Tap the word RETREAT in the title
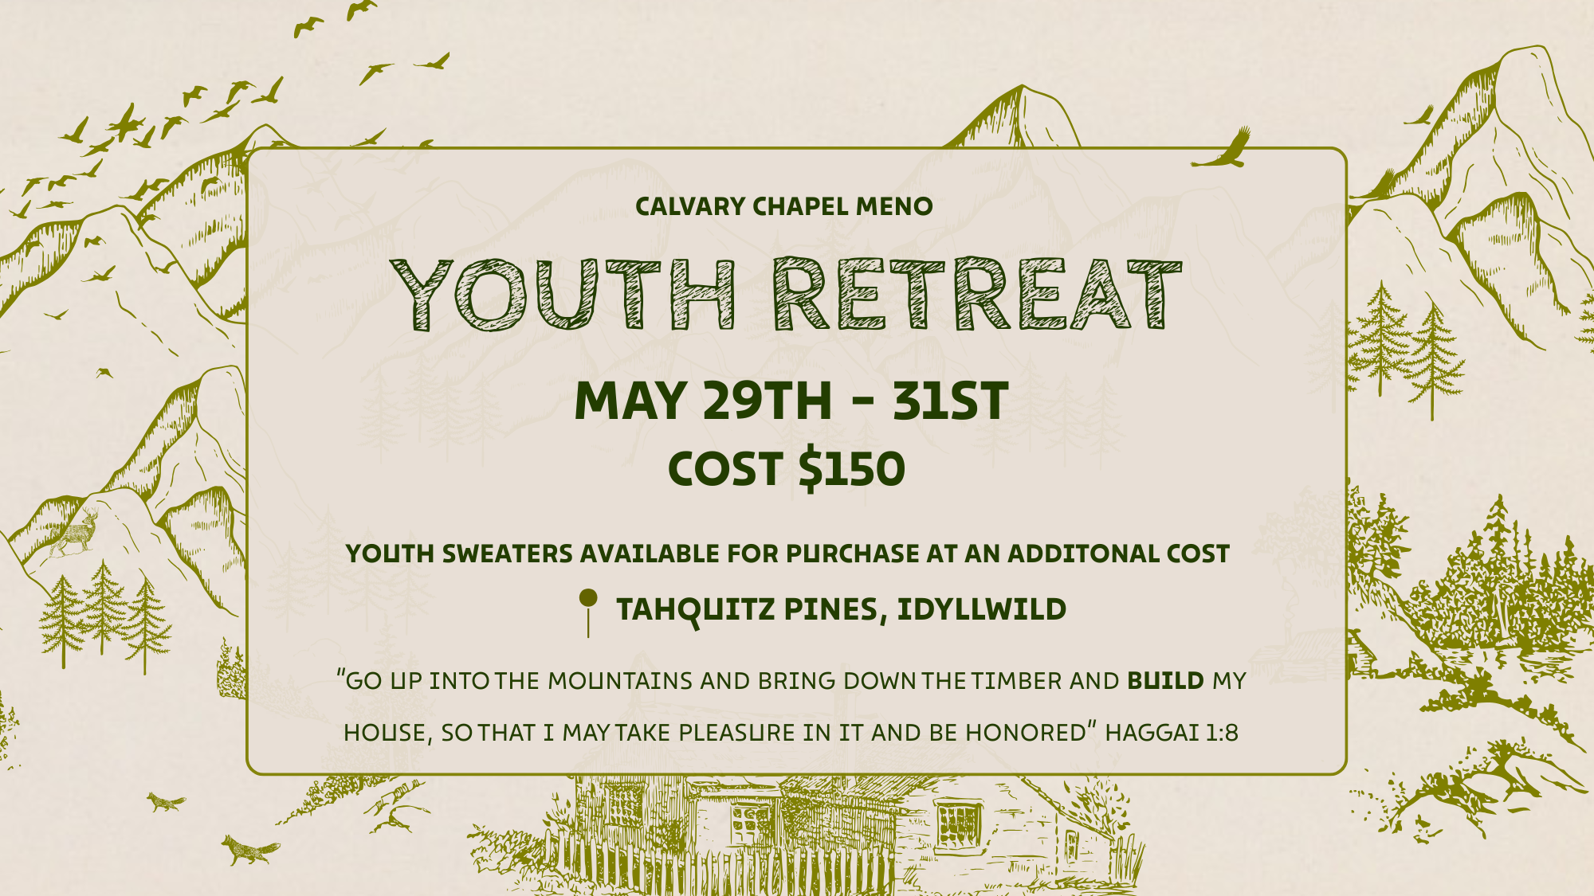pyautogui.click(x=977, y=295)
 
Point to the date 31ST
pyautogui.click(x=950, y=401)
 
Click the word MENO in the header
pyautogui.click(x=893, y=207)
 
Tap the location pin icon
pyautogui.click(x=588, y=610)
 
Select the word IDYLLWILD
pyautogui.click(x=981, y=610)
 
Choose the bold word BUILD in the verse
pyautogui.click(x=1165, y=681)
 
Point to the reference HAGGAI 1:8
pyautogui.click(x=1171, y=733)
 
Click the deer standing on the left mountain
pyautogui.click(x=77, y=534)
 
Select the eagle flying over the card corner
pyautogui.click(x=1223, y=151)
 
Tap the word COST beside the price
pyautogui.click(x=724, y=469)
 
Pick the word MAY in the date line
pyautogui.click(x=630, y=401)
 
